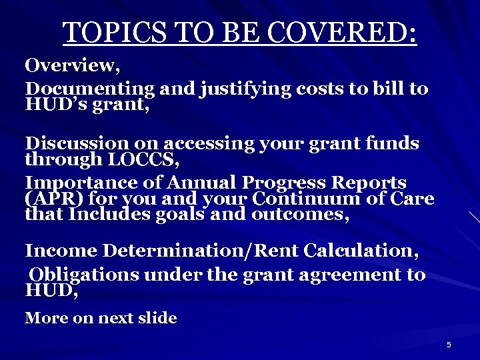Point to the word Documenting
click(x=89, y=89)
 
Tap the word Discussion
click(x=77, y=143)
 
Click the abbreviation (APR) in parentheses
click(x=47, y=199)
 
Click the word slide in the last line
click(x=158, y=318)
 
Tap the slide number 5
click(x=449, y=345)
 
